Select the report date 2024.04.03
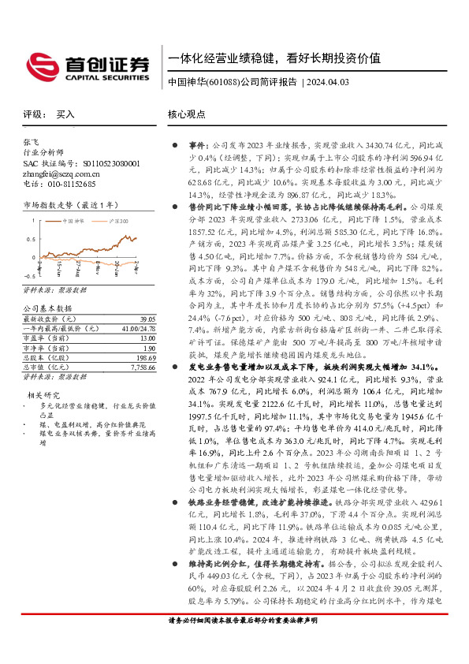pos(337,82)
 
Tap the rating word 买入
pos(65,114)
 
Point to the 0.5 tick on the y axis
pos(31,239)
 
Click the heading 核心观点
pos(186,114)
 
